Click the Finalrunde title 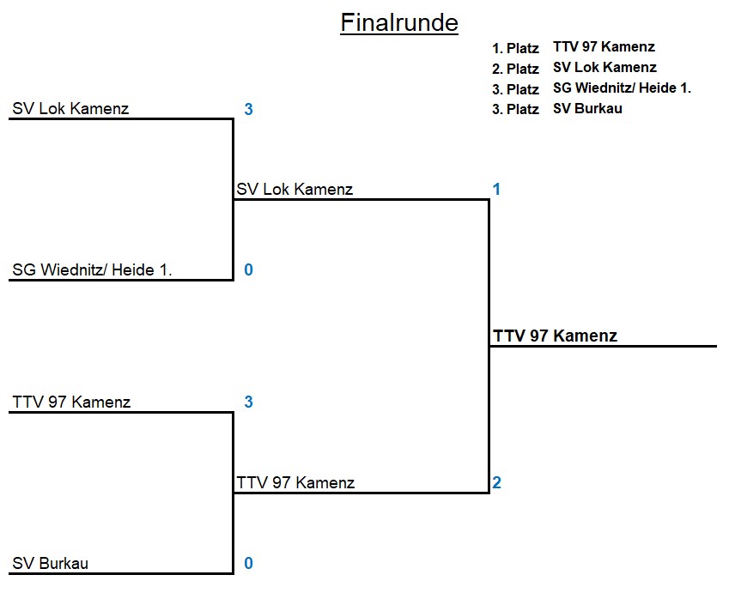398,22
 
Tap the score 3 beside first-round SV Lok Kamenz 248,109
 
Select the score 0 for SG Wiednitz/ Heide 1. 248,270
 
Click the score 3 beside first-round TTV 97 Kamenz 248,402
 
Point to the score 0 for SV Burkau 248,564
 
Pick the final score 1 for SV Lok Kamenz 496,190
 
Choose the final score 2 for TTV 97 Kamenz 496,483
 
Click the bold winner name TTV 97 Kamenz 555,336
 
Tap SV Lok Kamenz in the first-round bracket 70,109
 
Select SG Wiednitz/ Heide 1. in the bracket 92,270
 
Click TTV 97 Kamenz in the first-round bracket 71,402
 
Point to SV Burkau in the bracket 50,564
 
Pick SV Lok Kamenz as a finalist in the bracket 295,190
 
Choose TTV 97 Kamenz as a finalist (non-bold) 295,483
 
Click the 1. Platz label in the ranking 515,48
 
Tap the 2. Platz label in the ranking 515,69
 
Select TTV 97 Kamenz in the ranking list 604,47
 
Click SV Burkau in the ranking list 587,108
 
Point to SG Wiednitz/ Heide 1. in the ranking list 622,88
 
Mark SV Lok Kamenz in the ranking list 604,67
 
